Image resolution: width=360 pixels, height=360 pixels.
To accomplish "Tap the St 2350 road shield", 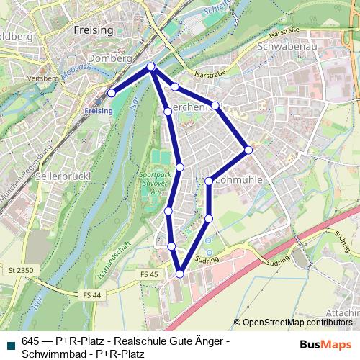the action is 22,270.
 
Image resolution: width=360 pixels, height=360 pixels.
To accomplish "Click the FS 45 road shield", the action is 150,274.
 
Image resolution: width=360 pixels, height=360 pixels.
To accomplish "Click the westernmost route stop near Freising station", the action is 112,93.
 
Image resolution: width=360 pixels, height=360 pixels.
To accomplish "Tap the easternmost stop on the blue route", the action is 248,150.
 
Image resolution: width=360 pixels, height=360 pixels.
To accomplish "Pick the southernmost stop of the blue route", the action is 180,274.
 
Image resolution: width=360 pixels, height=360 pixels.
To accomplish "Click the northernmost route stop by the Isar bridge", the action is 151,67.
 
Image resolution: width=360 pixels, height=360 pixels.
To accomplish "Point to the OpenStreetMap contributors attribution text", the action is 295,323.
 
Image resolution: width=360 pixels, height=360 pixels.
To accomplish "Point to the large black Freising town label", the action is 94,30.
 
